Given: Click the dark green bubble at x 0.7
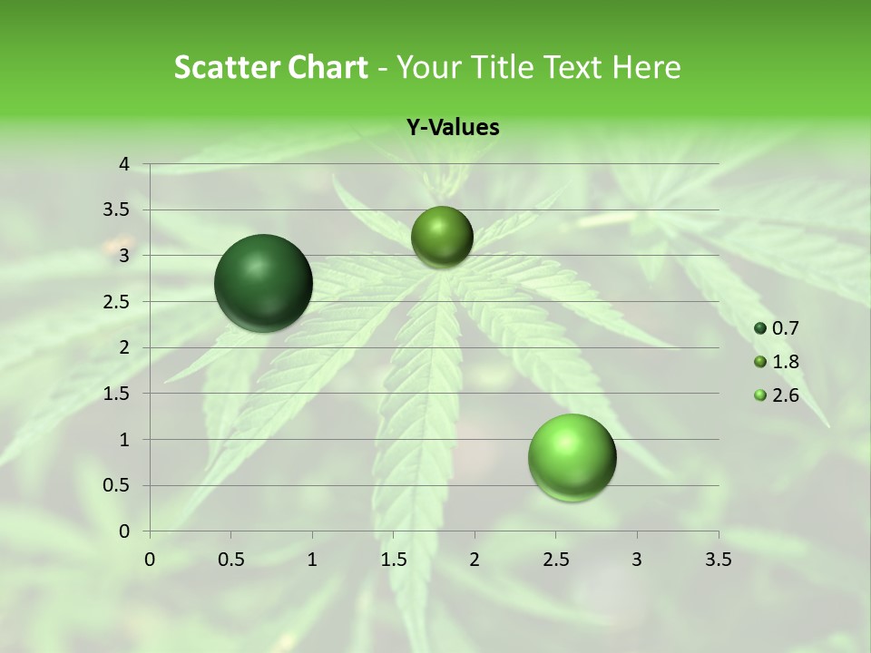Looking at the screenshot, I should click(x=264, y=283).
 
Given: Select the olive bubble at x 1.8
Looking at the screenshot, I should click(x=442, y=237).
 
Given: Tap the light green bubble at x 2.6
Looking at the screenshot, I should click(x=573, y=457).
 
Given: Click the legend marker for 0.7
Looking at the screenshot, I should click(x=760, y=328).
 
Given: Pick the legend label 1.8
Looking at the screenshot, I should click(x=785, y=362).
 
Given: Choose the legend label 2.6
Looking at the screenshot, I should click(x=785, y=395).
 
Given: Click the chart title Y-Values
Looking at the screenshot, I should click(x=453, y=128).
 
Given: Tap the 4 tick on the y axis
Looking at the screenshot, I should click(x=125, y=164).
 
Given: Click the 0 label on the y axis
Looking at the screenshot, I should click(x=125, y=531).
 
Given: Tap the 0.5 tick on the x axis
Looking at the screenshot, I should click(x=230, y=559).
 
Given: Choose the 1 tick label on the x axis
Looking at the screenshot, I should click(x=312, y=559).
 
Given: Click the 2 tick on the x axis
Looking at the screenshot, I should click(x=475, y=559).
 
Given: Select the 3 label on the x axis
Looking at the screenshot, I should click(x=637, y=559).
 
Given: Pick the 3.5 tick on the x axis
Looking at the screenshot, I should click(x=718, y=559).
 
